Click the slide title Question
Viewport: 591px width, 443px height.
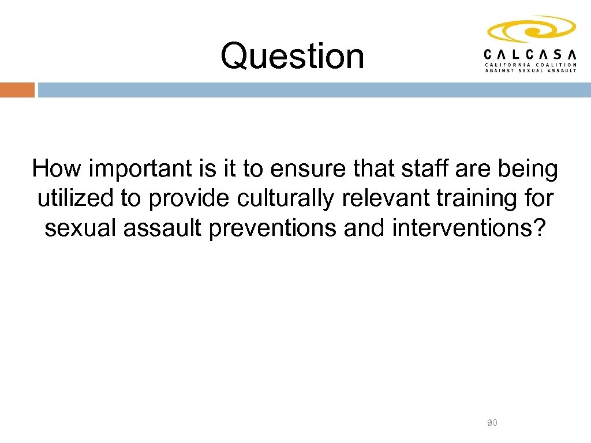point(292,57)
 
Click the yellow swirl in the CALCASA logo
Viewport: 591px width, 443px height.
point(530,29)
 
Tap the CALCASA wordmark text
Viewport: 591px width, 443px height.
point(530,54)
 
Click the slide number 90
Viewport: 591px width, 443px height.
point(492,423)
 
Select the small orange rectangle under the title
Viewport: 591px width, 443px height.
point(17,90)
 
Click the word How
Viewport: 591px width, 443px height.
point(55,170)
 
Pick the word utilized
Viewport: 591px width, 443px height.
point(75,198)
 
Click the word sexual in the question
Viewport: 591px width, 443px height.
point(79,228)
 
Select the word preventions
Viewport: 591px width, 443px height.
point(274,228)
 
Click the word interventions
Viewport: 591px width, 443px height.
point(467,228)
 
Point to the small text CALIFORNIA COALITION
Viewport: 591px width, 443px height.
point(530,65)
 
